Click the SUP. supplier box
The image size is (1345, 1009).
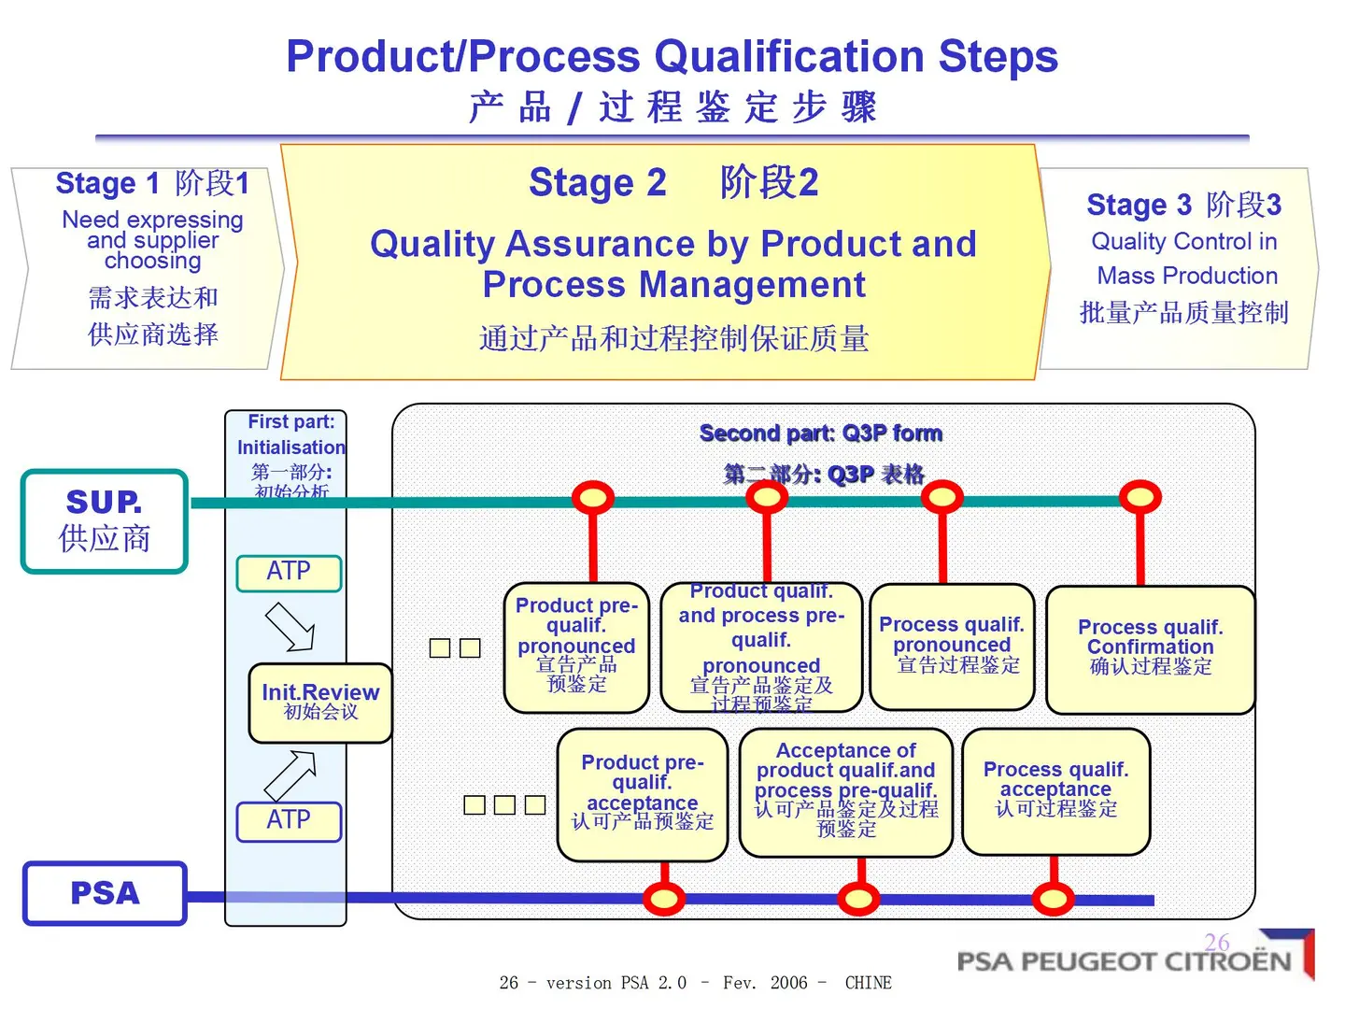(x=105, y=520)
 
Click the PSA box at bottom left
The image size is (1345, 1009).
(x=105, y=893)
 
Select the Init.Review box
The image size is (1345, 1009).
(x=320, y=703)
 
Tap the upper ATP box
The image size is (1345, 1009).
(x=289, y=572)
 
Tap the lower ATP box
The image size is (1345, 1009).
(x=289, y=820)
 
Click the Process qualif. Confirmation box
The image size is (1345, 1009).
(x=1150, y=648)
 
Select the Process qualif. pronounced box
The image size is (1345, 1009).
(x=952, y=646)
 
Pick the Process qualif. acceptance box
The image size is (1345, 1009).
(x=1055, y=790)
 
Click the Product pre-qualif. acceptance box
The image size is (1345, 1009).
(x=642, y=794)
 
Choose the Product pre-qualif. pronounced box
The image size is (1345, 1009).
(x=576, y=646)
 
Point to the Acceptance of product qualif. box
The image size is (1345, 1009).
(x=845, y=791)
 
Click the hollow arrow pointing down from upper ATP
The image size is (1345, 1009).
(x=290, y=627)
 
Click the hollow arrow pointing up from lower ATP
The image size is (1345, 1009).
(x=290, y=774)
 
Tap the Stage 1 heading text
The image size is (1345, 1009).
(x=152, y=183)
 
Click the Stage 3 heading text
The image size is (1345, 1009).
(x=1183, y=205)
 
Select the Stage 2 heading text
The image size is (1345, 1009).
(x=672, y=182)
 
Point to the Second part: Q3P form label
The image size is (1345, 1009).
(x=820, y=433)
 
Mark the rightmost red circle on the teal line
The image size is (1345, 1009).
(x=1140, y=496)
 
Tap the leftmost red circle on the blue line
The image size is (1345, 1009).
(x=664, y=900)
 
